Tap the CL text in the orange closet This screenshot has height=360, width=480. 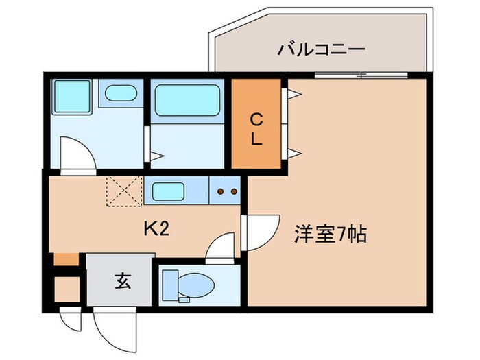click(255, 128)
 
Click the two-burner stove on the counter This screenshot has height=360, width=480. click(227, 191)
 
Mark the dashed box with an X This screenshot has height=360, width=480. click(124, 191)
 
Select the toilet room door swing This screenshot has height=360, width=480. click(221, 248)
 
